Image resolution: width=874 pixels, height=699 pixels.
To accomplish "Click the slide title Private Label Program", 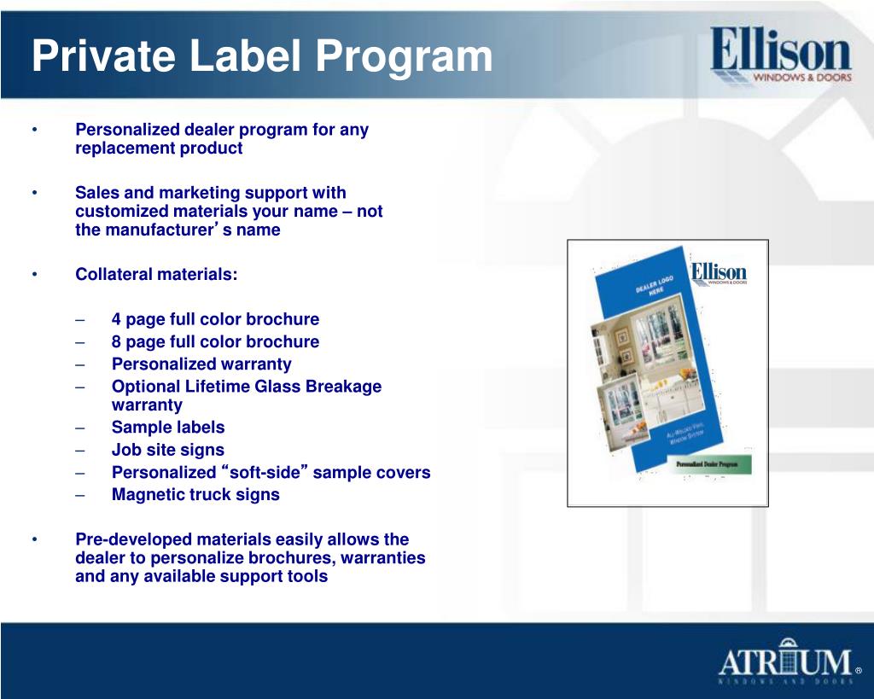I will [x=262, y=56].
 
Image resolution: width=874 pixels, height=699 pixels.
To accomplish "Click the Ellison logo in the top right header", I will [x=780, y=55].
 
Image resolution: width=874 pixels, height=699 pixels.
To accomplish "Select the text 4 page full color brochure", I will [x=215, y=319].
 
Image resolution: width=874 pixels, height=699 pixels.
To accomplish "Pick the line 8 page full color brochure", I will [x=215, y=341].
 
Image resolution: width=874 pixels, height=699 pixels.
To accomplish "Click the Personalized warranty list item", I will [x=201, y=364].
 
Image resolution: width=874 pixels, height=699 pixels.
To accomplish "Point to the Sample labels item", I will [x=168, y=427].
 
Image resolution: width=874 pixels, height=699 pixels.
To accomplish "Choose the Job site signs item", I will [x=168, y=449].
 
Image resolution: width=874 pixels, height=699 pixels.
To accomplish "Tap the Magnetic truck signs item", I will [x=195, y=494].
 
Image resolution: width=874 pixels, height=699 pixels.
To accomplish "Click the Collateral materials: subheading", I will [x=157, y=274].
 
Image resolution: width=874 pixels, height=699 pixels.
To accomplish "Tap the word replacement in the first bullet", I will [x=125, y=148].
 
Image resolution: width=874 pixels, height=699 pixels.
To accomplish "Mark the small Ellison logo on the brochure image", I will [x=719, y=274].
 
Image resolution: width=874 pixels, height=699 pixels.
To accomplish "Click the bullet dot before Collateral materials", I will [x=35, y=274].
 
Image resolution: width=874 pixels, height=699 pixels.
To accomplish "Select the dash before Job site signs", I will [x=79, y=450].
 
